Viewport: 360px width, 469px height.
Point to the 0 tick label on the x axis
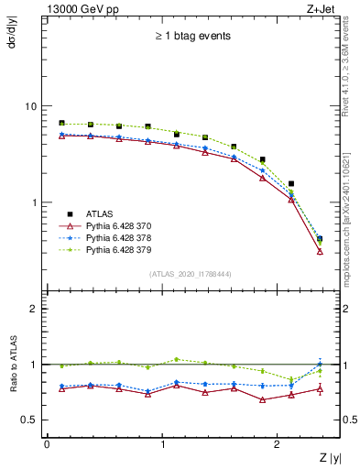point(47,444)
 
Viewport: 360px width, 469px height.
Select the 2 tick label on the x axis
point(278,444)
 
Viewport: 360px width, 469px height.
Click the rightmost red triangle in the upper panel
point(319,251)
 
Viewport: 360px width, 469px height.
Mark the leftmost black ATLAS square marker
point(61,123)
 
